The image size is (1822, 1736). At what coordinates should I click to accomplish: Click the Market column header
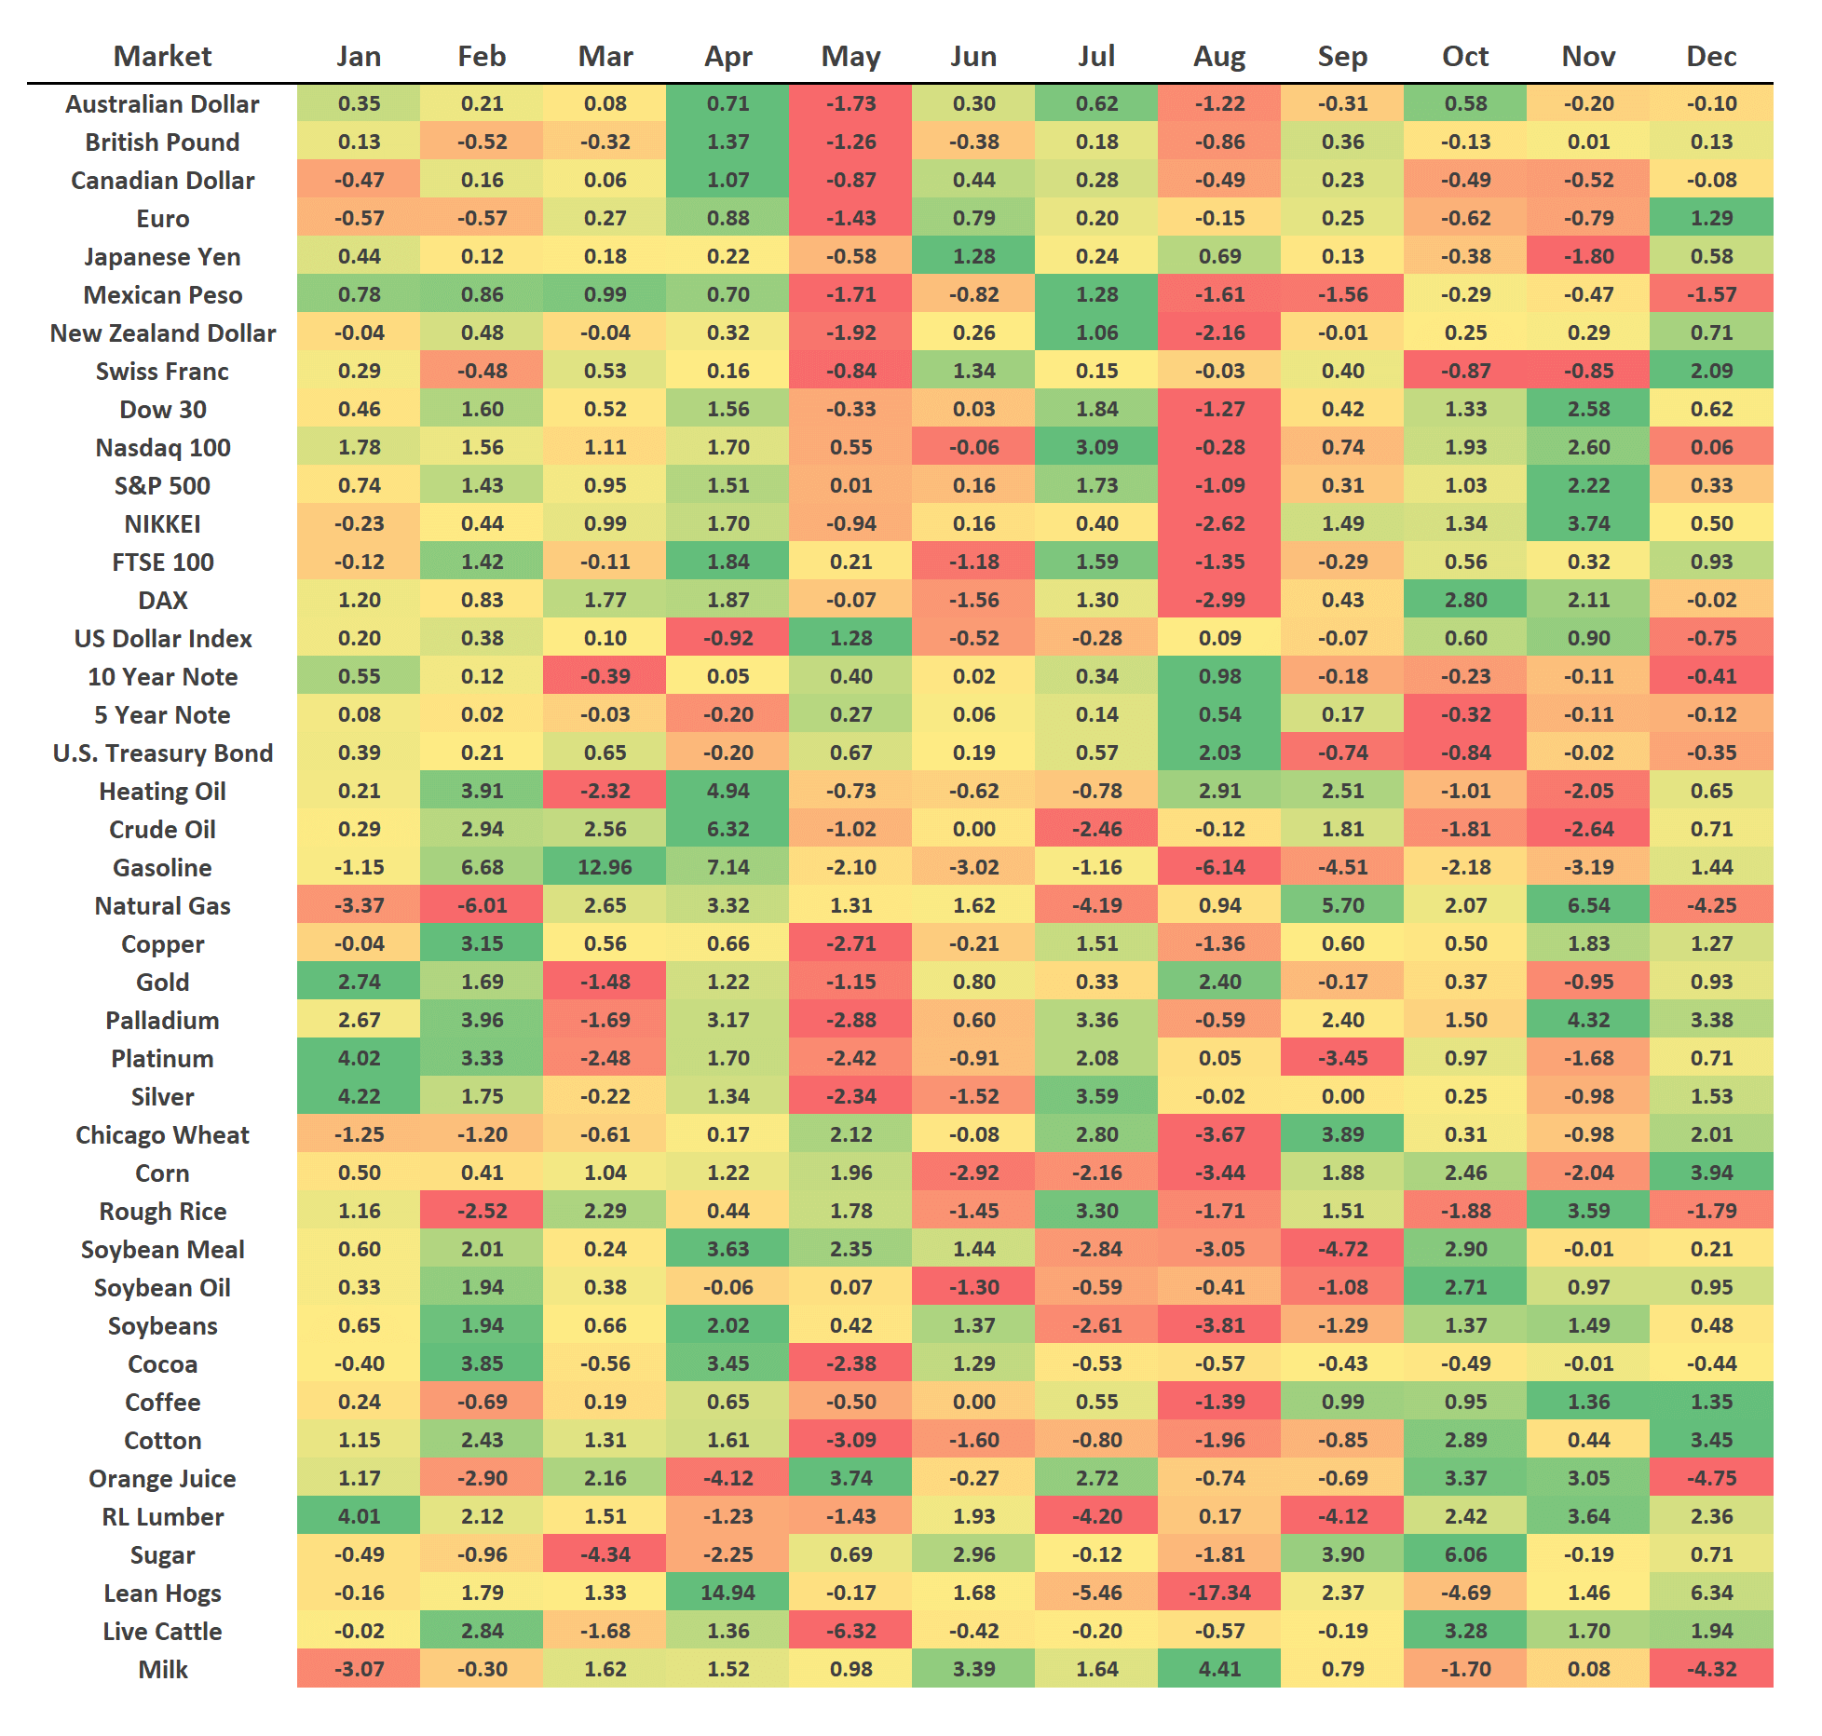[162, 57]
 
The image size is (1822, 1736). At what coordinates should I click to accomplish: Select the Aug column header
[1219, 57]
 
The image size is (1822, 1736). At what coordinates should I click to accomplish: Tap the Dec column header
[1711, 57]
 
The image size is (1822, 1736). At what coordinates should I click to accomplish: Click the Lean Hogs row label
[162, 1594]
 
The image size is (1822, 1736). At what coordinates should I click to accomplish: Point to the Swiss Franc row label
[162, 372]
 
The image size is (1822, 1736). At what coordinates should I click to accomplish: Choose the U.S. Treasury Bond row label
[162, 753]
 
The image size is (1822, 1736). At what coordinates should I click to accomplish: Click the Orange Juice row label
[162, 1479]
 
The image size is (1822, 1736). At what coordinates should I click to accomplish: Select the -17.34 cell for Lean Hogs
[1219, 1594]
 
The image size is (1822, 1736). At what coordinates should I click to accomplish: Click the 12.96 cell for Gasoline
[605, 867]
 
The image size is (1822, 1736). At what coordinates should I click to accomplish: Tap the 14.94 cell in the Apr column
[727, 1594]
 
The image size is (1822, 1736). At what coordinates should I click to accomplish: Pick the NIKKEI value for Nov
[1588, 523]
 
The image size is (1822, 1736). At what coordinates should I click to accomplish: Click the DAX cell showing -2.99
[1219, 600]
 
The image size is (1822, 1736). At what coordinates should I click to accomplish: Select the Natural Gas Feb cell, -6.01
[482, 905]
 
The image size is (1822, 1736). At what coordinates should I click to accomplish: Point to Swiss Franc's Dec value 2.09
[1711, 371]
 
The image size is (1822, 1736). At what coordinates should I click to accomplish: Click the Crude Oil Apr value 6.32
[727, 829]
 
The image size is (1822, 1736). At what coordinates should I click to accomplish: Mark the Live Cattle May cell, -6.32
[850, 1632]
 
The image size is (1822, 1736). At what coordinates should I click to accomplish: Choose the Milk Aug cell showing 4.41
[1219, 1670]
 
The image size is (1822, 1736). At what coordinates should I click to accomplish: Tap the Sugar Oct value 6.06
[1465, 1555]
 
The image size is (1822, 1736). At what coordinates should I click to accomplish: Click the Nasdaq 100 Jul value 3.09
[1096, 447]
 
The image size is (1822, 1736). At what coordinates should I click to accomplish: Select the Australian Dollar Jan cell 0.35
[359, 103]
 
